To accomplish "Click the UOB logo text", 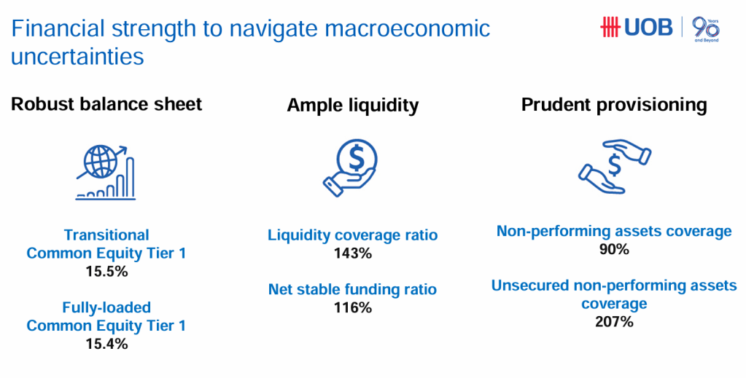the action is point(648,27).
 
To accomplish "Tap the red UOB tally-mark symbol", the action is point(610,27).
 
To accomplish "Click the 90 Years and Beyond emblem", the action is point(706,29).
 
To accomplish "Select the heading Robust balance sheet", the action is point(106,103).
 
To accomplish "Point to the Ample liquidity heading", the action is point(352,105).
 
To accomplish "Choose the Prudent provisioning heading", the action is point(614,105).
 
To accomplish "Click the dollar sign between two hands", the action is point(614,165).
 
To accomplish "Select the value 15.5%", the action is point(106,272).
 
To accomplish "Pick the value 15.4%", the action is point(106,344).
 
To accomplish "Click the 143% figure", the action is point(352,253).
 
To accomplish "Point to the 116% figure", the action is point(352,307).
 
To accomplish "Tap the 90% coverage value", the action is point(614,249).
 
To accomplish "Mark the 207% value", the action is point(614,322).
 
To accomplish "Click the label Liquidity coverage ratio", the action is point(352,235).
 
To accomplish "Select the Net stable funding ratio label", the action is point(352,290).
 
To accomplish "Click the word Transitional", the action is point(106,235).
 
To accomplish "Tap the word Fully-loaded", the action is point(106,307).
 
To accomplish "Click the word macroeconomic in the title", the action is point(407,28).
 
